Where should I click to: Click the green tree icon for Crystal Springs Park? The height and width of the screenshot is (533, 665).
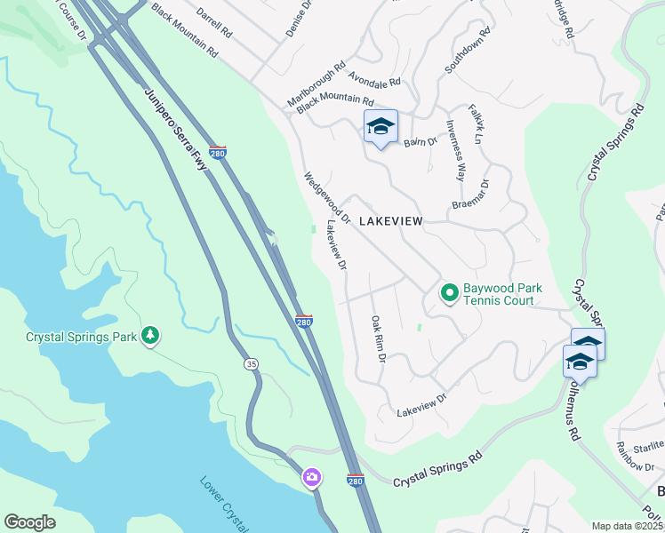tap(150, 335)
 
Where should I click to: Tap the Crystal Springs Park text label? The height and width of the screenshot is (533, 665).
tap(81, 337)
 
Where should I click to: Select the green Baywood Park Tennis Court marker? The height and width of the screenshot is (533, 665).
tap(450, 292)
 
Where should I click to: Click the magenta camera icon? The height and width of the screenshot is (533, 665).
tap(311, 478)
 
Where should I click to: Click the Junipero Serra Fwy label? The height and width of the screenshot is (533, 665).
tap(175, 125)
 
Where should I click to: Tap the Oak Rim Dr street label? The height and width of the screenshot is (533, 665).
tap(377, 338)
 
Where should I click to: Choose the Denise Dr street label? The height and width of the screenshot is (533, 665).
tap(296, 18)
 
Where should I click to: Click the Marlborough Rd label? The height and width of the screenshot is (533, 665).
tap(316, 84)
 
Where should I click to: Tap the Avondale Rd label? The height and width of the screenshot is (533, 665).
tap(374, 81)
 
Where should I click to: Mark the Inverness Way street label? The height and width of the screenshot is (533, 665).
tap(455, 150)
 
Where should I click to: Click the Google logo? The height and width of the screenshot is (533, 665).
tap(29, 522)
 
